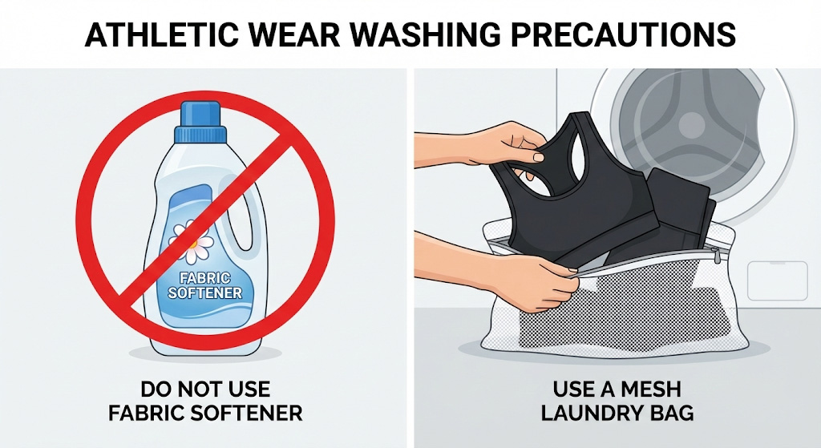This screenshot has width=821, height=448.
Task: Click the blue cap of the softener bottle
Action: [x=200, y=123]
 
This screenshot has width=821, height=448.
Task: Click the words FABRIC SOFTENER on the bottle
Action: [x=204, y=285]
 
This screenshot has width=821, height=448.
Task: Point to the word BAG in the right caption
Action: [x=670, y=413]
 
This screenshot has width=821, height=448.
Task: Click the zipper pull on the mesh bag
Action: [x=715, y=255]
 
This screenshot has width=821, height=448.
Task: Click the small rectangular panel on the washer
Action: [x=777, y=281]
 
